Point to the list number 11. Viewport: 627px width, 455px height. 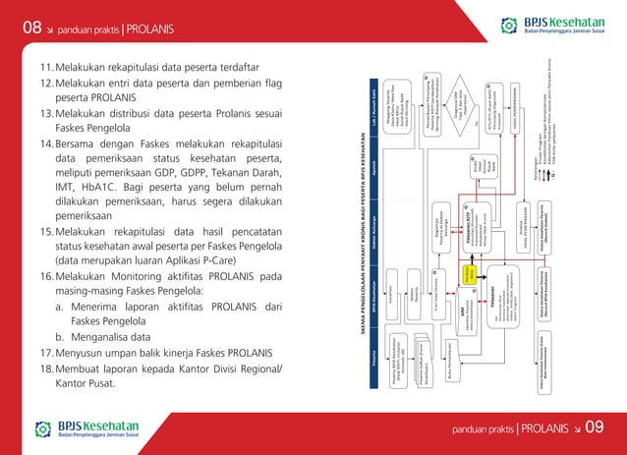click(46, 68)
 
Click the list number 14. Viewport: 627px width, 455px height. click(46, 143)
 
